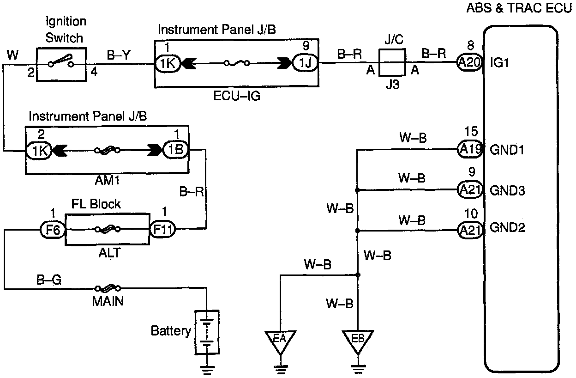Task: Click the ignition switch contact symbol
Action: tap(61, 61)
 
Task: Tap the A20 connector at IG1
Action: tap(469, 62)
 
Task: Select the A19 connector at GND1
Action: tap(470, 149)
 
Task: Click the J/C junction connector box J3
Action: tap(392, 62)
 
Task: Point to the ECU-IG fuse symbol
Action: tap(237, 63)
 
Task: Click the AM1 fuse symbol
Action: tap(107, 150)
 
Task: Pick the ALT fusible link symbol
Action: tap(108, 229)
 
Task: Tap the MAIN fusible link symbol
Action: tap(108, 288)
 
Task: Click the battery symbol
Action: tap(207, 332)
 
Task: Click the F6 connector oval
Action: tap(53, 229)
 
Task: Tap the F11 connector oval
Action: tap(162, 229)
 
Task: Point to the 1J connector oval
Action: tap(305, 62)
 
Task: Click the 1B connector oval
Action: tap(176, 149)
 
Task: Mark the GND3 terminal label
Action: tap(507, 190)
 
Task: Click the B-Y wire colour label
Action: tap(119, 55)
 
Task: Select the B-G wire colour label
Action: tap(49, 280)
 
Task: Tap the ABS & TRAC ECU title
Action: tap(519, 8)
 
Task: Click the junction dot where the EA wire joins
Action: tap(358, 275)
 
